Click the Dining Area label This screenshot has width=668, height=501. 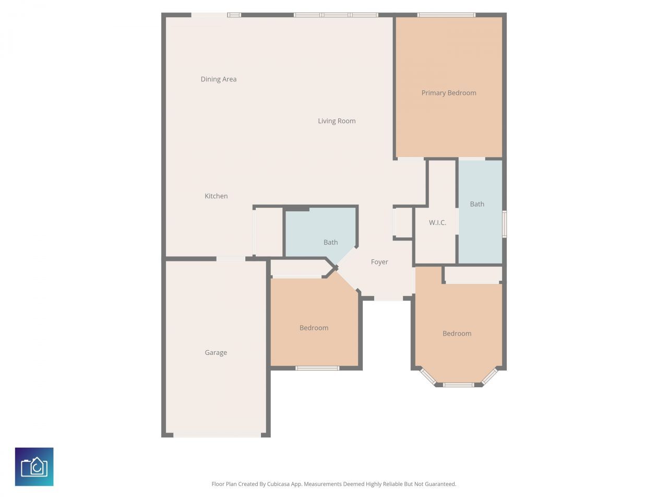coord(219,79)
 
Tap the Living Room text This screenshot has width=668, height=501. coord(337,121)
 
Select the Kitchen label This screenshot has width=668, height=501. coord(216,196)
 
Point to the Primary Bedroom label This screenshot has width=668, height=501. coord(449,93)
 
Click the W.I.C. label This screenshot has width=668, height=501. coord(437,223)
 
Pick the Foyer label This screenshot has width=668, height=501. coord(379,262)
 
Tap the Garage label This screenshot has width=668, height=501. coord(216,353)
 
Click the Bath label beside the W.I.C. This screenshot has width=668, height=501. coord(477,204)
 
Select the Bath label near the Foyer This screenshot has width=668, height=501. coord(330,242)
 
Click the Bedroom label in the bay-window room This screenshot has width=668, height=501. coord(457,333)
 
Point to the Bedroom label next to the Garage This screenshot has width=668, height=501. coord(314,328)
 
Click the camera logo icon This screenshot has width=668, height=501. coord(34,467)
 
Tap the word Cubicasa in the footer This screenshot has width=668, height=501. coord(279,484)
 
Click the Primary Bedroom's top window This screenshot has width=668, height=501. coord(446,15)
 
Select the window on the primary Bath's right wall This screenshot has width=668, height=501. coord(504,224)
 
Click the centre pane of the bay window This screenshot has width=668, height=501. coord(458,385)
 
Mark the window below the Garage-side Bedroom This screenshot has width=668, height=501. coord(317,368)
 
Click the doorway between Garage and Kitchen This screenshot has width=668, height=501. coord(231,259)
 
